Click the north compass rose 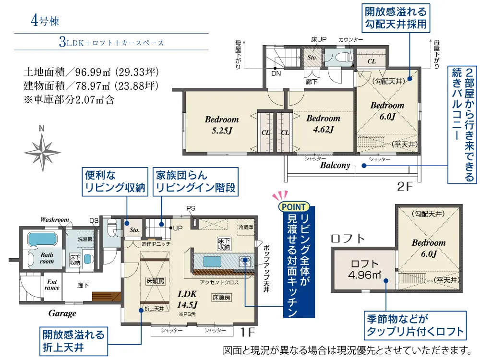point(42,152)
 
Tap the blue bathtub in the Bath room point(42,239)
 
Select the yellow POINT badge point(294,207)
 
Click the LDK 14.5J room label point(187,299)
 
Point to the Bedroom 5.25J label point(222,125)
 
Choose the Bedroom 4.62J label point(323,124)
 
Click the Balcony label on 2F point(335,165)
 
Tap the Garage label point(62,313)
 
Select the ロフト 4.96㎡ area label point(364,269)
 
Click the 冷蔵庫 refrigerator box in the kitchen point(246,227)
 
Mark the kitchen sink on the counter point(245,261)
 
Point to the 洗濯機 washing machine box point(85,239)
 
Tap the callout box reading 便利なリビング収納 point(115,181)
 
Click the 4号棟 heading point(45,21)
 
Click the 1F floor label point(247,332)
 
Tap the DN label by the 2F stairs point(276,73)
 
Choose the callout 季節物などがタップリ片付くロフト point(415,325)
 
